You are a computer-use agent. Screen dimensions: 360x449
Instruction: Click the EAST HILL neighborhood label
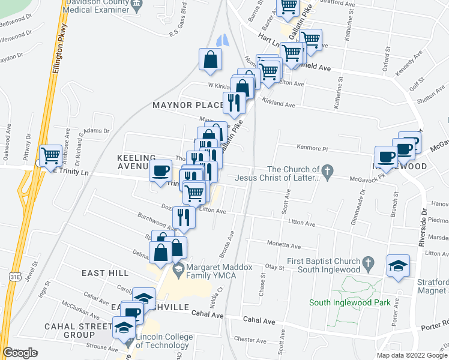(105, 273)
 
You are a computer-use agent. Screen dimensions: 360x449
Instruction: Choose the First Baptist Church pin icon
(369, 263)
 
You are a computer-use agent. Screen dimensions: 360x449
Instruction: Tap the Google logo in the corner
(20, 353)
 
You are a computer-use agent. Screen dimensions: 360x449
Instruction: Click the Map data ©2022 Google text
(412, 355)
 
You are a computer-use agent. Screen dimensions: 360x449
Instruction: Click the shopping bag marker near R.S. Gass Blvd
(211, 60)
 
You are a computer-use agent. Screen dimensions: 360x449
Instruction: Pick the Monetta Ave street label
(283, 245)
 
